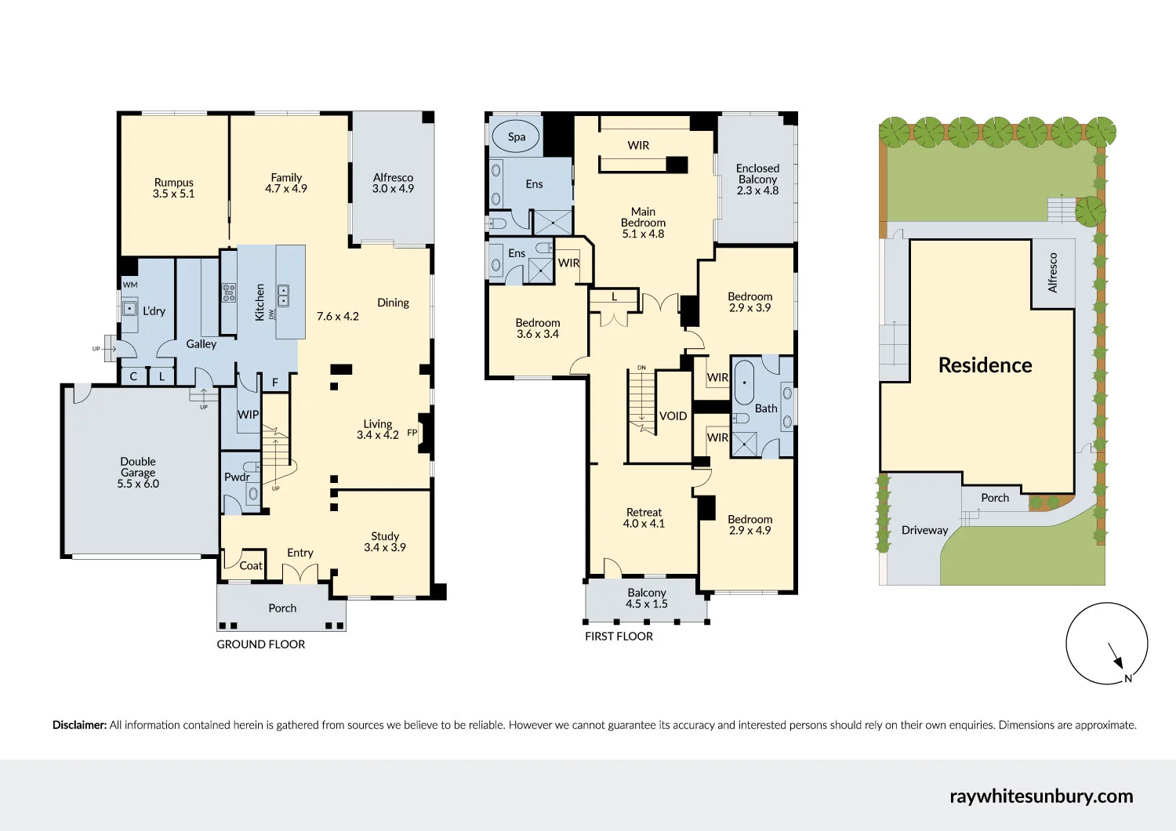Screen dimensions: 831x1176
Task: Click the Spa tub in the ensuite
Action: pyautogui.click(x=516, y=136)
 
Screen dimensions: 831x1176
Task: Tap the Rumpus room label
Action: pyautogui.click(x=173, y=183)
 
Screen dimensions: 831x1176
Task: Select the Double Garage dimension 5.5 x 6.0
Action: pyautogui.click(x=138, y=484)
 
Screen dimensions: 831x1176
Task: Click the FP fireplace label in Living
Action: pyautogui.click(x=412, y=433)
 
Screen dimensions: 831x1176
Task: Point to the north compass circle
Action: pyautogui.click(x=1106, y=644)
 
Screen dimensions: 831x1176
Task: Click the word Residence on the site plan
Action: pyautogui.click(x=985, y=365)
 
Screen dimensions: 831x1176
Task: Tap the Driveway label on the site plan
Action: pyautogui.click(x=924, y=530)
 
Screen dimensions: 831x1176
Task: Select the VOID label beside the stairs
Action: pyautogui.click(x=673, y=416)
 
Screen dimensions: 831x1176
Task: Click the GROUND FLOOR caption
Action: pyautogui.click(x=261, y=644)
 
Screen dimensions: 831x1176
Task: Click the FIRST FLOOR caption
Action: pyautogui.click(x=619, y=637)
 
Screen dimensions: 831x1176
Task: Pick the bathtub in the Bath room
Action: pyautogui.click(x=744, y=383)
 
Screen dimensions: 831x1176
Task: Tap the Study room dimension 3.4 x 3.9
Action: pyautogui.click(x=385, y=547)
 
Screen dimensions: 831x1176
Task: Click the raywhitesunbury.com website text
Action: pyautogui.click(x=1041, y=796)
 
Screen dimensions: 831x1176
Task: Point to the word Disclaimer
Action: pyautogui.click(x=79, y=725)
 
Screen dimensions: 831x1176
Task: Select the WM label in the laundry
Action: pyautogui.click(x=130, y=285)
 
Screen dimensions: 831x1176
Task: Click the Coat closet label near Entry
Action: pyautogui.click(x=251, y=565)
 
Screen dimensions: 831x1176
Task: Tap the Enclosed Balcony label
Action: pyautogui.click(x=757, y=174)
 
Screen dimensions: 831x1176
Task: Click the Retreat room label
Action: pyautogui.click(x=644, y=513)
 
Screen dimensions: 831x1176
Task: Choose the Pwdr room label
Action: pyautogui.click(x=236, y=477)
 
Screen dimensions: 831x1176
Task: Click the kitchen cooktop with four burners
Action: pyautogui.click(x=228, y=293)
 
